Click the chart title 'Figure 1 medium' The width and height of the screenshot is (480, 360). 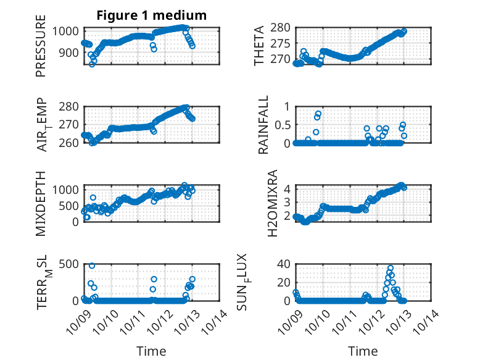coord(151,15)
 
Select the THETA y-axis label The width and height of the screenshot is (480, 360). coord(259,46)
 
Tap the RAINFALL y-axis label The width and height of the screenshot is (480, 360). coord(263,125)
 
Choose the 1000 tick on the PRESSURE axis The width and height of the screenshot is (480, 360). coord(65,31)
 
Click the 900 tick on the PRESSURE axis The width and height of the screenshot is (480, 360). coord(68,52)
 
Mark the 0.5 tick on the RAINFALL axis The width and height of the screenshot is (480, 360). coord(281,125)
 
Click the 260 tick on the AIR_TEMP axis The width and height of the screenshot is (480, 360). coord(68,143)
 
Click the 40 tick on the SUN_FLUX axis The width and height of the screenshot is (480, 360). coord(284,264)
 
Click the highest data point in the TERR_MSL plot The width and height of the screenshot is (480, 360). coord(92,266)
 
